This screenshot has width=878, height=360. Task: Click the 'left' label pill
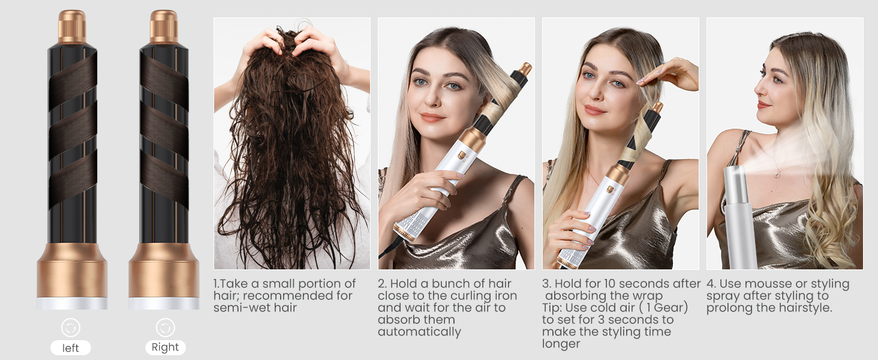(71, 348)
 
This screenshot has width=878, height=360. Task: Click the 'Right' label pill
(165, 347)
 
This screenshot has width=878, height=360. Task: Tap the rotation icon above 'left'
(71, 328)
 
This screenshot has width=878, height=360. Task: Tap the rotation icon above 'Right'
(165, 328)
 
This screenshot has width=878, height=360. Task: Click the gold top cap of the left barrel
(72, 27)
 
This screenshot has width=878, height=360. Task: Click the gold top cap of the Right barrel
(164, 27)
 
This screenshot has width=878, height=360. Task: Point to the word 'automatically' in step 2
(419, 332)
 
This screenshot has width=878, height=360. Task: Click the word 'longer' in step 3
(561, 344)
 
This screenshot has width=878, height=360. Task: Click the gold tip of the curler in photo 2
(525, 68)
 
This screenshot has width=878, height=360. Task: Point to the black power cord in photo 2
(387, 248)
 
